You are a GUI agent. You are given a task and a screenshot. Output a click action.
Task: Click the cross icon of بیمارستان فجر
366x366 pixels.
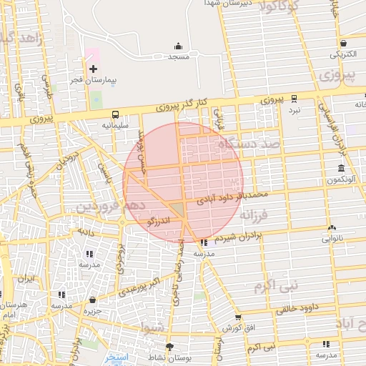point(93,69)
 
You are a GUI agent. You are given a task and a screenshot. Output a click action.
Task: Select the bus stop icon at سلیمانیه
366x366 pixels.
point(115,114)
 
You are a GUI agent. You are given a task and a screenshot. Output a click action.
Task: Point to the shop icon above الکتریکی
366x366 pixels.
point(344,43)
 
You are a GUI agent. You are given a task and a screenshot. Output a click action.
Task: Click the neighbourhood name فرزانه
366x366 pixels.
point(253,214)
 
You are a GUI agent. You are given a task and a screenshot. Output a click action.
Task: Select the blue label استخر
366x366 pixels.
point(113,356)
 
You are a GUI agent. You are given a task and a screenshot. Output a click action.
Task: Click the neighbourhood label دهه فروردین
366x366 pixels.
point(111,207)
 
